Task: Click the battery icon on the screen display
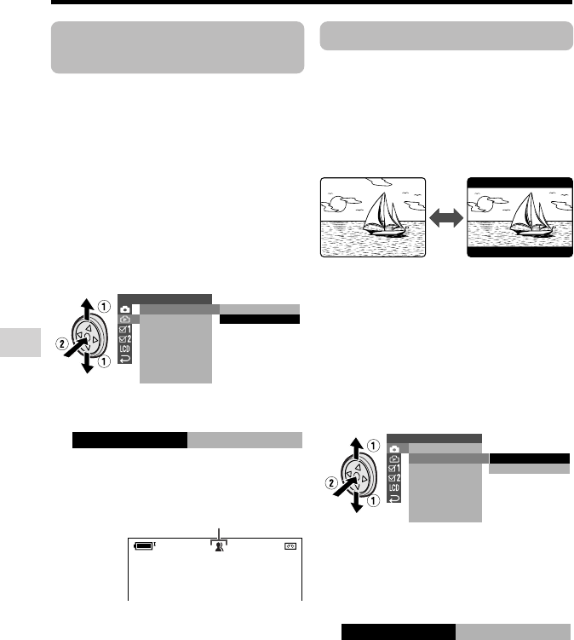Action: [x=144, y=545]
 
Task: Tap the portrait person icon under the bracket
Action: [x=219, y=546]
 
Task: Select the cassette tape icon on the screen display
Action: [x=290, y=546]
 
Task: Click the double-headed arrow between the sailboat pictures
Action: [x=446, y=217]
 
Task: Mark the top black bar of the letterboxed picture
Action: [x=519, y=183]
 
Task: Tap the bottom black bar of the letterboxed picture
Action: [x=519, y=252]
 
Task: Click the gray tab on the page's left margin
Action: [x=20, y=343]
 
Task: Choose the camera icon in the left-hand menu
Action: [x=125, y=309]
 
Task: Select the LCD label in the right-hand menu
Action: [x=394, y=487]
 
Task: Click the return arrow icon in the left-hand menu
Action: [x=125, y=359]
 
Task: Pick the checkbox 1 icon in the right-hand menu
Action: [x=394, y=468]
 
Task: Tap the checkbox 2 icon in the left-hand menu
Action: [x=125, y=339]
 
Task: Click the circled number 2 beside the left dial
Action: [x=61, y=344]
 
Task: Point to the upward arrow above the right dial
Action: [x=357, y=447]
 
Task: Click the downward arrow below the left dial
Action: [x=88, y=363]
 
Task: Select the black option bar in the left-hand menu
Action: [x=260, y=320]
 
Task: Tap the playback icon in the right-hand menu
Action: [x=394, y=458]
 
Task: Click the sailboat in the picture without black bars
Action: [x=385, y=215]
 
